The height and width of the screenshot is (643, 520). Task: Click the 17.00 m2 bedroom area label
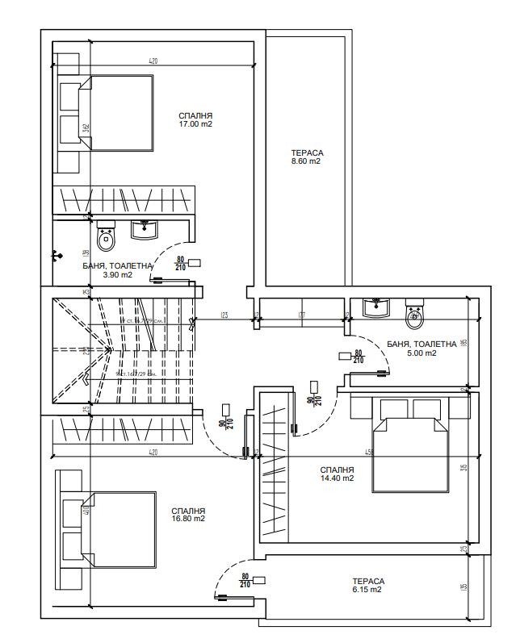(195, 124)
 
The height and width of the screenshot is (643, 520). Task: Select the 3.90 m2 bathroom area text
(116, 274)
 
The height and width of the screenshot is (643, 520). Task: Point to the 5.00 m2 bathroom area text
(421, 353)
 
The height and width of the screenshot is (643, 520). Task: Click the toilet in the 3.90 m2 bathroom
(106, 237)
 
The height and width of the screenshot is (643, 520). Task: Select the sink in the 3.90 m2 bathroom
(145, 230)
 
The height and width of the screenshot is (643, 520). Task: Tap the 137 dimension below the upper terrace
(300, 315)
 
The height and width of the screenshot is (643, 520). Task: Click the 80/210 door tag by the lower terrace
(245, 581)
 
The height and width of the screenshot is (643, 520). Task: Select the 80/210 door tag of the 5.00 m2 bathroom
(356, 357)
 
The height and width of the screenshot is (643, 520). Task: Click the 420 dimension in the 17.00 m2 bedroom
(153, 61)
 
